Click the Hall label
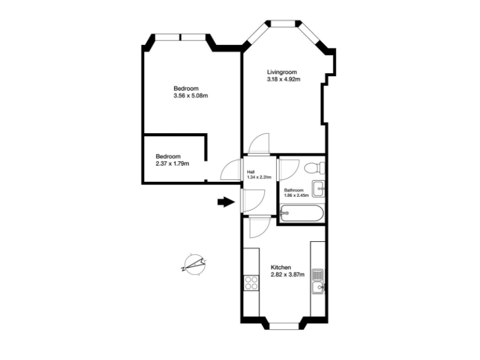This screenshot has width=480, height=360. pos(251,172)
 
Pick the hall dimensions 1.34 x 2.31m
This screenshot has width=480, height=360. pos(259,177)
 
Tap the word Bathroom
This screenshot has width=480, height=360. pos(294,190)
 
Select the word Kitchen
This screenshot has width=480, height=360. pos(281,267)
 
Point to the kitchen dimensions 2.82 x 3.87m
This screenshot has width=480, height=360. pos(287,275)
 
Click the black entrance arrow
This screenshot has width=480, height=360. pos(224,202)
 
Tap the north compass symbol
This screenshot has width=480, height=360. pos(194,265)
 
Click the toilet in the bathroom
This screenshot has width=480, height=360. pos(312,167)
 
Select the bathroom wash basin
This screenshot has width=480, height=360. pos(318,186)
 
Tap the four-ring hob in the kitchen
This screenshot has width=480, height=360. pos(252,283)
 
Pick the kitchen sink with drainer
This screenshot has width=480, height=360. pos(318,281)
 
